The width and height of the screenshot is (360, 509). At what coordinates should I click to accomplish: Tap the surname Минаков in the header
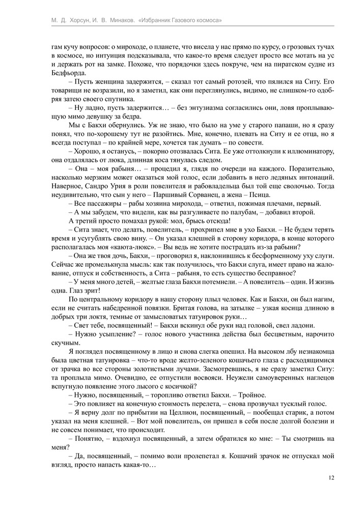coord(117,20)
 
